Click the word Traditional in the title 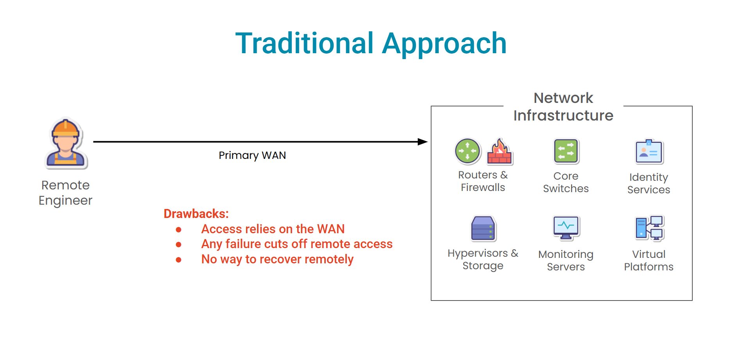click(x=305, y=43)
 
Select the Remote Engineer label click(x=66, y=193)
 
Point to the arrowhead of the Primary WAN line click(x=423, y=142)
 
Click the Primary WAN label click(x=252, y=155)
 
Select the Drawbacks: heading click(x=196, y=214)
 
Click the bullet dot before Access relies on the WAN click(x=179, y=230)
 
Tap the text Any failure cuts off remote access click(x=297, y=244)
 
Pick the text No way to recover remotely click(x=277, y=259)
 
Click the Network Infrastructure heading click(x=563, y=106)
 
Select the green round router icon click(x=468, y=151)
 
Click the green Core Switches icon click(x=566, y=151)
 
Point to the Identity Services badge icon click(x=649, y=151)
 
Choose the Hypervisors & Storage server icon click(x=483, y=229)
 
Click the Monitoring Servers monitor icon click(x=566, y=228)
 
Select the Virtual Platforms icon click(x=649, y=228)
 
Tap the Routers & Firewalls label click(x=483, y=181)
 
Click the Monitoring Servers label click(x=566, y=261)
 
